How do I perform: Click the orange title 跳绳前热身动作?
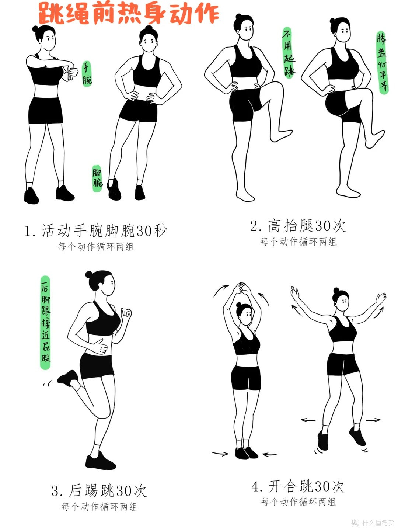[x=129, y=14]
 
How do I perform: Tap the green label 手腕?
[x=87, y=73]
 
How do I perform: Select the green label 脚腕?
[x=97, y=178]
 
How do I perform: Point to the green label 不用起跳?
[x=289, y=52]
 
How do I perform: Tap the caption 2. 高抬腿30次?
[x=298, y=226]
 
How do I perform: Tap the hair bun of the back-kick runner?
[x=89, y=275]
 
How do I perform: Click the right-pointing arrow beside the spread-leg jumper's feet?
[x=373, y=420]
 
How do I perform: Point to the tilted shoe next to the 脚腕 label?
[x=114, y=189]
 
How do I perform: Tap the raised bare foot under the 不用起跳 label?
[x=281, y=136]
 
